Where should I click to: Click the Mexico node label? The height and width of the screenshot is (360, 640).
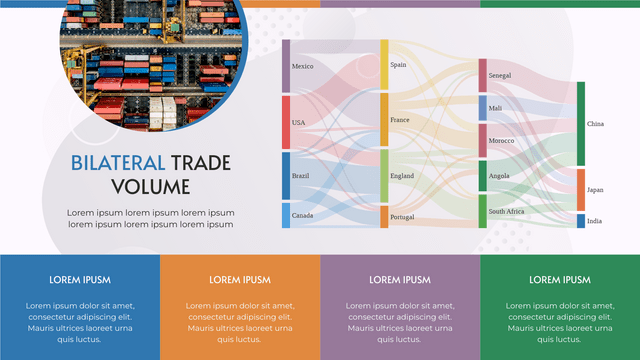coord(302,67)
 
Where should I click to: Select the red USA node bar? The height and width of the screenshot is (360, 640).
coord(286,122)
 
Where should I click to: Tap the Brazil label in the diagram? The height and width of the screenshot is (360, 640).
coord(300,176)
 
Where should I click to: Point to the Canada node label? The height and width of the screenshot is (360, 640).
coord(302,215)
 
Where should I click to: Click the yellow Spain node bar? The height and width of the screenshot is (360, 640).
coord(384,65)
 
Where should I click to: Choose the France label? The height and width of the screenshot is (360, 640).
coord(399,120)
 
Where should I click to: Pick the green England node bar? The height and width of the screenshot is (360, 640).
coord(384,176)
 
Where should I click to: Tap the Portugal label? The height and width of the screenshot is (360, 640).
coord(402,217)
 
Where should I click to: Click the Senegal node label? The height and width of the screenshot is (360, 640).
coord(500,76)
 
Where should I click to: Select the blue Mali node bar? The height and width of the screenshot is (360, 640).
coord(483,108)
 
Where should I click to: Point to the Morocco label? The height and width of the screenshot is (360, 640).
coord(501,141)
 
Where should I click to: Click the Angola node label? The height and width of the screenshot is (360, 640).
coord(499,176)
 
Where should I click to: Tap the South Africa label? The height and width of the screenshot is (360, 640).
coord(506,211)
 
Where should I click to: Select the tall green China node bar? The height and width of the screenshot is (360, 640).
coord(581,124)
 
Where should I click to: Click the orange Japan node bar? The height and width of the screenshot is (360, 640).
coord(581,189)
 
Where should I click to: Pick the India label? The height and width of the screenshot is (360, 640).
coord(594,221)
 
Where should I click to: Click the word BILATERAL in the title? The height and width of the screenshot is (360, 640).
coord(117,162)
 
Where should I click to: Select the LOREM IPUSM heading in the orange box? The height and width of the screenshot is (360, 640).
coord(240,280)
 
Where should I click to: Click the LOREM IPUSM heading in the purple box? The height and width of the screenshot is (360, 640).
coord(400,280)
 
